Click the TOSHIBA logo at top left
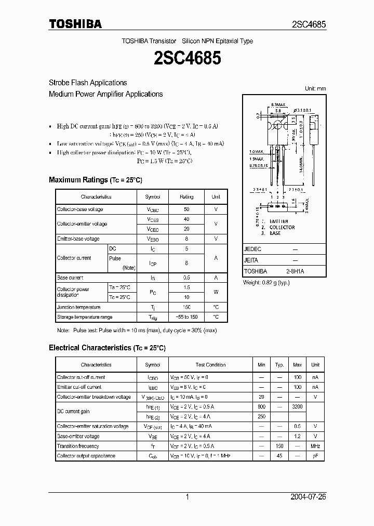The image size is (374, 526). pyautogui.click(x=75, y=24)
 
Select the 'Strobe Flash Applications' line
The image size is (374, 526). pyautogui.click(x=88, y=83)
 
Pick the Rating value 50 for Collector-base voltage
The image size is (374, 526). pyautogui.click(x=186, y=209)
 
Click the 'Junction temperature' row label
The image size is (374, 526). pyautogui.click(x=79, y=307)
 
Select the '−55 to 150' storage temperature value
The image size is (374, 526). pyautogui.click(x=186, y=317)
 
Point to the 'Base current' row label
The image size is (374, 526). pyautogui.click(x=70, y=278)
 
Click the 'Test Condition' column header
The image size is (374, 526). pyautogui.click(x=210, y=365)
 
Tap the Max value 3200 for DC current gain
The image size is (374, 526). pyautogui.click(x=298, y=407)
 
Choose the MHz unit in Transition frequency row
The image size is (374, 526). pyautogui.click(x=315, y=446)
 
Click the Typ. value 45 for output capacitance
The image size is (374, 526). pyautogui.click(x=279, y=456)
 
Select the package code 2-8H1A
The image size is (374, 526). pyautogui.click(x=295, y=271)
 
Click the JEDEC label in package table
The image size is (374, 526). pyautogui.click(x=252, y=249)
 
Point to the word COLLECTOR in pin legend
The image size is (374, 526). pyautogui.click(x=282, y=227)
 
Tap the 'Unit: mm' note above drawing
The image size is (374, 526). pyautogui.click(x=315, y=89)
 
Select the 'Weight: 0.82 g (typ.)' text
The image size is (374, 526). pyautogui.click(x=266, y=283)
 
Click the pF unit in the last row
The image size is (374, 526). pyautogui.click(x=315, y=456)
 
